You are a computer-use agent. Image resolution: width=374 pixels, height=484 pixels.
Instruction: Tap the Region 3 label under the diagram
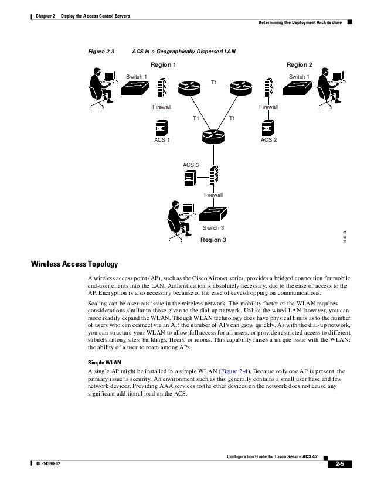[212, 240]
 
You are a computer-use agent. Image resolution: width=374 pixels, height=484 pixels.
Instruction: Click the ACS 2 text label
[268, 141]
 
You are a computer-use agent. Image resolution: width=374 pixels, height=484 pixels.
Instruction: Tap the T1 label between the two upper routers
[215, 83]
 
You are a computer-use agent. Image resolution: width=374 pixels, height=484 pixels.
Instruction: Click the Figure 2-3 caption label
[101, 52]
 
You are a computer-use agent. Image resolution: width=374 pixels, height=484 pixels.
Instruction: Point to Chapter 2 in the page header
[40, 14]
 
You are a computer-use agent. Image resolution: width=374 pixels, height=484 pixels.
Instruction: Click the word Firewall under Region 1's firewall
[162, 107]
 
